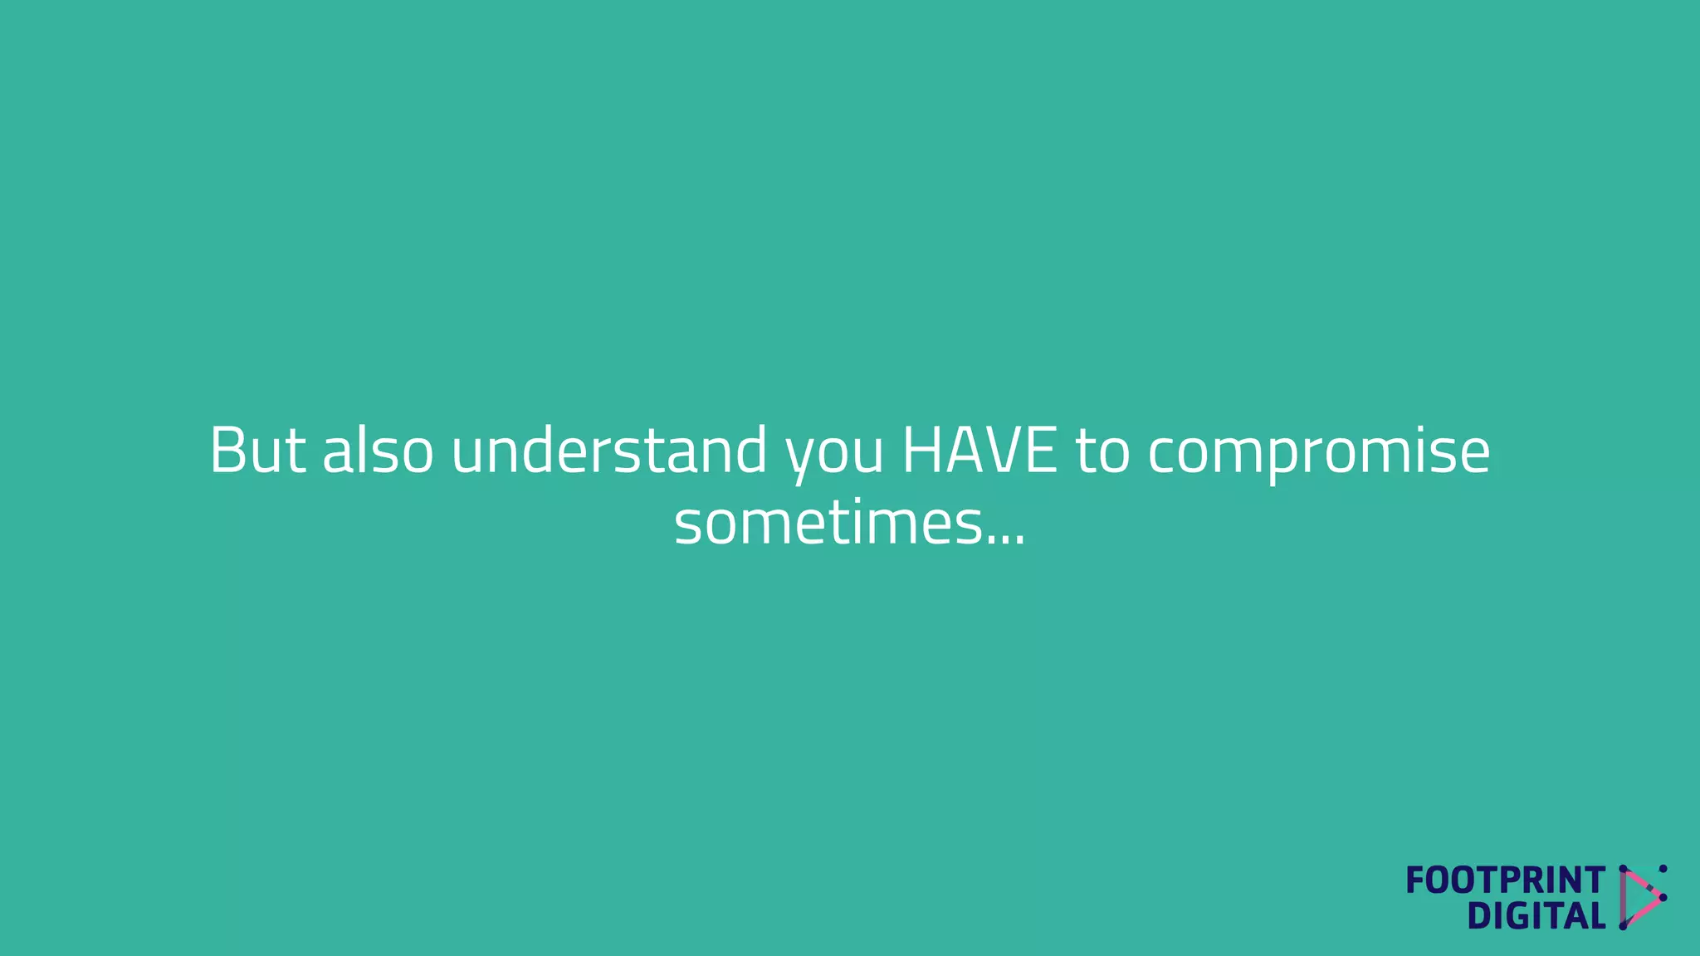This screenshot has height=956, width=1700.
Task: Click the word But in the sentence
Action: pos(257,451)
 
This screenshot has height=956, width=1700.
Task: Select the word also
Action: pos(378,451)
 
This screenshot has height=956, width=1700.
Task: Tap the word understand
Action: pos(609,451)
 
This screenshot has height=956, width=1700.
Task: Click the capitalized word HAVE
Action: pos(980,451)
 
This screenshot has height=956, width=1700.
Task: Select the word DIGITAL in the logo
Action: pos(1536,916)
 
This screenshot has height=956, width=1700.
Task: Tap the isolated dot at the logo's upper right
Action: pos(1663,869)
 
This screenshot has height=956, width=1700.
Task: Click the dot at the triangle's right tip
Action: pos(1663,897)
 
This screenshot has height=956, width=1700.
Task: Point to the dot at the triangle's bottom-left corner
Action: pos(1624,925)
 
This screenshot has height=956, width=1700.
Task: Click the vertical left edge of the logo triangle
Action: pos(1624,897)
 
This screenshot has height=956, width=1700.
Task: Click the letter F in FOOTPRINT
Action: pos(1415,880)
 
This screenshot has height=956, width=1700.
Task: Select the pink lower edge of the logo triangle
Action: pos(1644,911)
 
